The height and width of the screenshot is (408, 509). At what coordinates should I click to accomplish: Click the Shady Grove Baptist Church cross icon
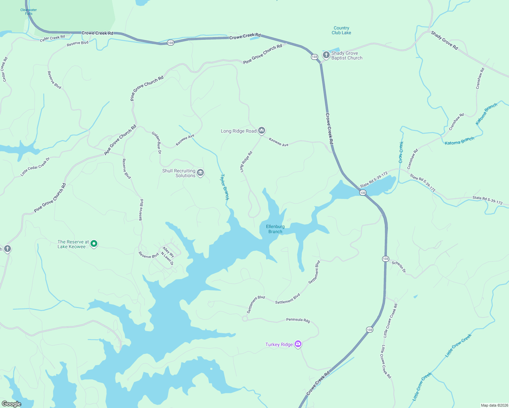pyautogui.click(x=326, y=55)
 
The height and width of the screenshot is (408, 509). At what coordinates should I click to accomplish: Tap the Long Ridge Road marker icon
pyautogui.click(x=262, y=131)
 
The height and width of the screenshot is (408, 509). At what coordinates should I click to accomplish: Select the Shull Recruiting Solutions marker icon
pyautogui.click(x=200, y=173)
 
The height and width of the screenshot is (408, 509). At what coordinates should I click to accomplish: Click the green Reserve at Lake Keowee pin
pyautogui.click(x=94, y=244)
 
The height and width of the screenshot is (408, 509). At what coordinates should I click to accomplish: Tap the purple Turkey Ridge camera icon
pyautogui.click(x=298, y=344)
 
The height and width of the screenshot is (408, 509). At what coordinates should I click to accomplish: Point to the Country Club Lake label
pyautogui.click(x=341, y=31)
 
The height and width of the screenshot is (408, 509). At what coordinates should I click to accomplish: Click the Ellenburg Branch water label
pyautogui.click(x=275, y=229)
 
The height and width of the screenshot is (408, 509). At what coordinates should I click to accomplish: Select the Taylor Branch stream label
pyautogui.click(x=225, y=187)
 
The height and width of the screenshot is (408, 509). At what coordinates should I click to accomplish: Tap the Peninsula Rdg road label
pyautogui.click(x=298, y=320)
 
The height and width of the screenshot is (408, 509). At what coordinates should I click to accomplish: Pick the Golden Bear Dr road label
pyautogui.click(x=157, y=143)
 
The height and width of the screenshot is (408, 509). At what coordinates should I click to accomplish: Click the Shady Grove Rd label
pyautogui.click(x=444, y=40)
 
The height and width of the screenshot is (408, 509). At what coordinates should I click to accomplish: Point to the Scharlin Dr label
pyautogui.click(x=399, y=267)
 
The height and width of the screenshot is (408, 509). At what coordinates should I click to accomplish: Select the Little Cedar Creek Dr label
pyautogui.click(x=35, y=167)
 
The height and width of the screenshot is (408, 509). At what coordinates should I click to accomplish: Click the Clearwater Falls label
pyautogui.click(x=29, y=12)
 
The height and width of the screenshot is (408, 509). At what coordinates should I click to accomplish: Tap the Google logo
pyautogui.click(x=11, y=404)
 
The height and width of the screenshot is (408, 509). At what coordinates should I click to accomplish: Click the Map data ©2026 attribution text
pyautogui.click(x=493, y=405)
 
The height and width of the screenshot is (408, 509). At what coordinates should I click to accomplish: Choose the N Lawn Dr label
pyautogui.click(x=167, y=258)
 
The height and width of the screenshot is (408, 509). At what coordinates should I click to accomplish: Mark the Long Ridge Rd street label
pyautogui.click(x=246, y=161)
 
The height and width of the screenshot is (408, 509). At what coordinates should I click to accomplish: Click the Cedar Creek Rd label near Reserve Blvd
pyautogui.click(x=52, y=38)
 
